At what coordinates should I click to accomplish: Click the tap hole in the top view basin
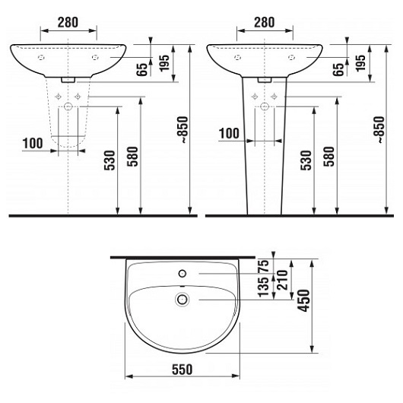(182, 272)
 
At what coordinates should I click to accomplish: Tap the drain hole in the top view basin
(182, 300)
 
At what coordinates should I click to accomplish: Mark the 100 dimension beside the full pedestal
(230, 134)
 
